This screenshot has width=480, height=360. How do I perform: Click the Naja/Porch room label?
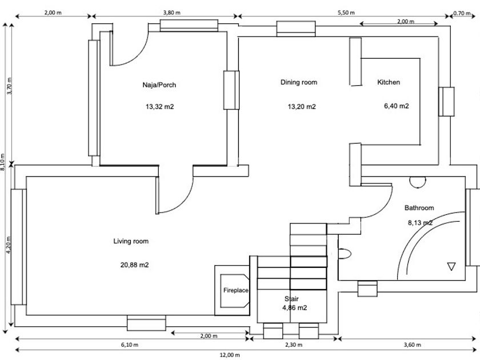pos(159,85)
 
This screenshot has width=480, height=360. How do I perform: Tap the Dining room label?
pos(298,82)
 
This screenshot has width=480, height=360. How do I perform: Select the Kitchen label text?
pos(389,82)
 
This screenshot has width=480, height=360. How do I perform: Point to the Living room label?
pos(131,241)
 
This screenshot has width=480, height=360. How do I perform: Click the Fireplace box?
pos(235,290)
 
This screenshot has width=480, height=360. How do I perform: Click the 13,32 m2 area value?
pos(159,106)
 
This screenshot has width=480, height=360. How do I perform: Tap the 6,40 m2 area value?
pos(397,106)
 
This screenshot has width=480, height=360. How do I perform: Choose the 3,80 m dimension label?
pos(172,12)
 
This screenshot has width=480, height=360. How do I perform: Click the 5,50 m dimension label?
pos(346,12)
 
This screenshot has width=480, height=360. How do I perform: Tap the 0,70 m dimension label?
pos(462,12)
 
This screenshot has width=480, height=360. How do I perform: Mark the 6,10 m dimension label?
pos(129,345)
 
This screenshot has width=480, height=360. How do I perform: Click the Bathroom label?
pos(419,208)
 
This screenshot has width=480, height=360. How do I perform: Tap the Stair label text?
pos(291,299)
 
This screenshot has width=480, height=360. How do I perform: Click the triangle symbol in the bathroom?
pos(451,266)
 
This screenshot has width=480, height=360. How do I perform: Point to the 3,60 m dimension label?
pos(411,345)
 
